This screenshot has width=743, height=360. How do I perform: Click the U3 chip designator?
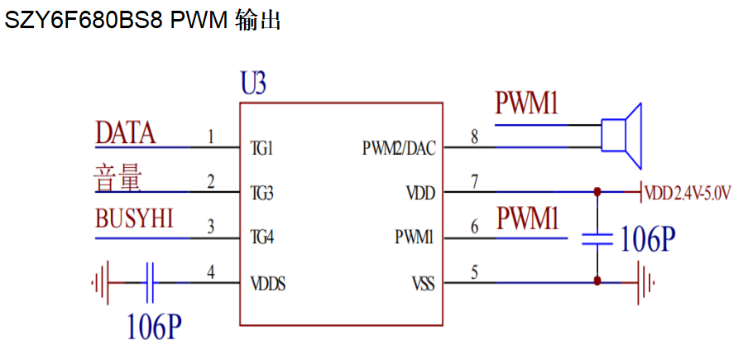(x=253, y=84)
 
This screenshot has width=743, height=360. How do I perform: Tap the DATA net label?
(x=126, y=132)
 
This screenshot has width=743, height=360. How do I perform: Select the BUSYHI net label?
(x=134, y=220)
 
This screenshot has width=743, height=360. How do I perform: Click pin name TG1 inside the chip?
(x=261, y=150)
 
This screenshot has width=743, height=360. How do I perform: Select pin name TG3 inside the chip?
(x=262, y=194)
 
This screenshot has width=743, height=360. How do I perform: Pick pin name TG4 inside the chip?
(x=262, y=238)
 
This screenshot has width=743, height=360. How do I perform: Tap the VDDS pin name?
(x=269, y=283)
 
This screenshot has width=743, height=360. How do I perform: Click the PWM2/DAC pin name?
(x=399, y=150)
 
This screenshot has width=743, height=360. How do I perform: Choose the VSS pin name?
(x=422, y=283)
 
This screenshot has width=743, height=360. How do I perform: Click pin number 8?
(x=474, y=137)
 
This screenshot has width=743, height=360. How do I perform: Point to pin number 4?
(x=211, y=271)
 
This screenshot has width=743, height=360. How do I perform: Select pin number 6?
(x=474, y=226)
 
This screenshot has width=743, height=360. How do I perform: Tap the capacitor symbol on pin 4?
(x=150, y=283)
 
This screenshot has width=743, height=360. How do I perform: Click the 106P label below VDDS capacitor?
(x=154, y=327)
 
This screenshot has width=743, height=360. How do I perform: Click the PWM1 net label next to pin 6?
(x=527, y=219)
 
